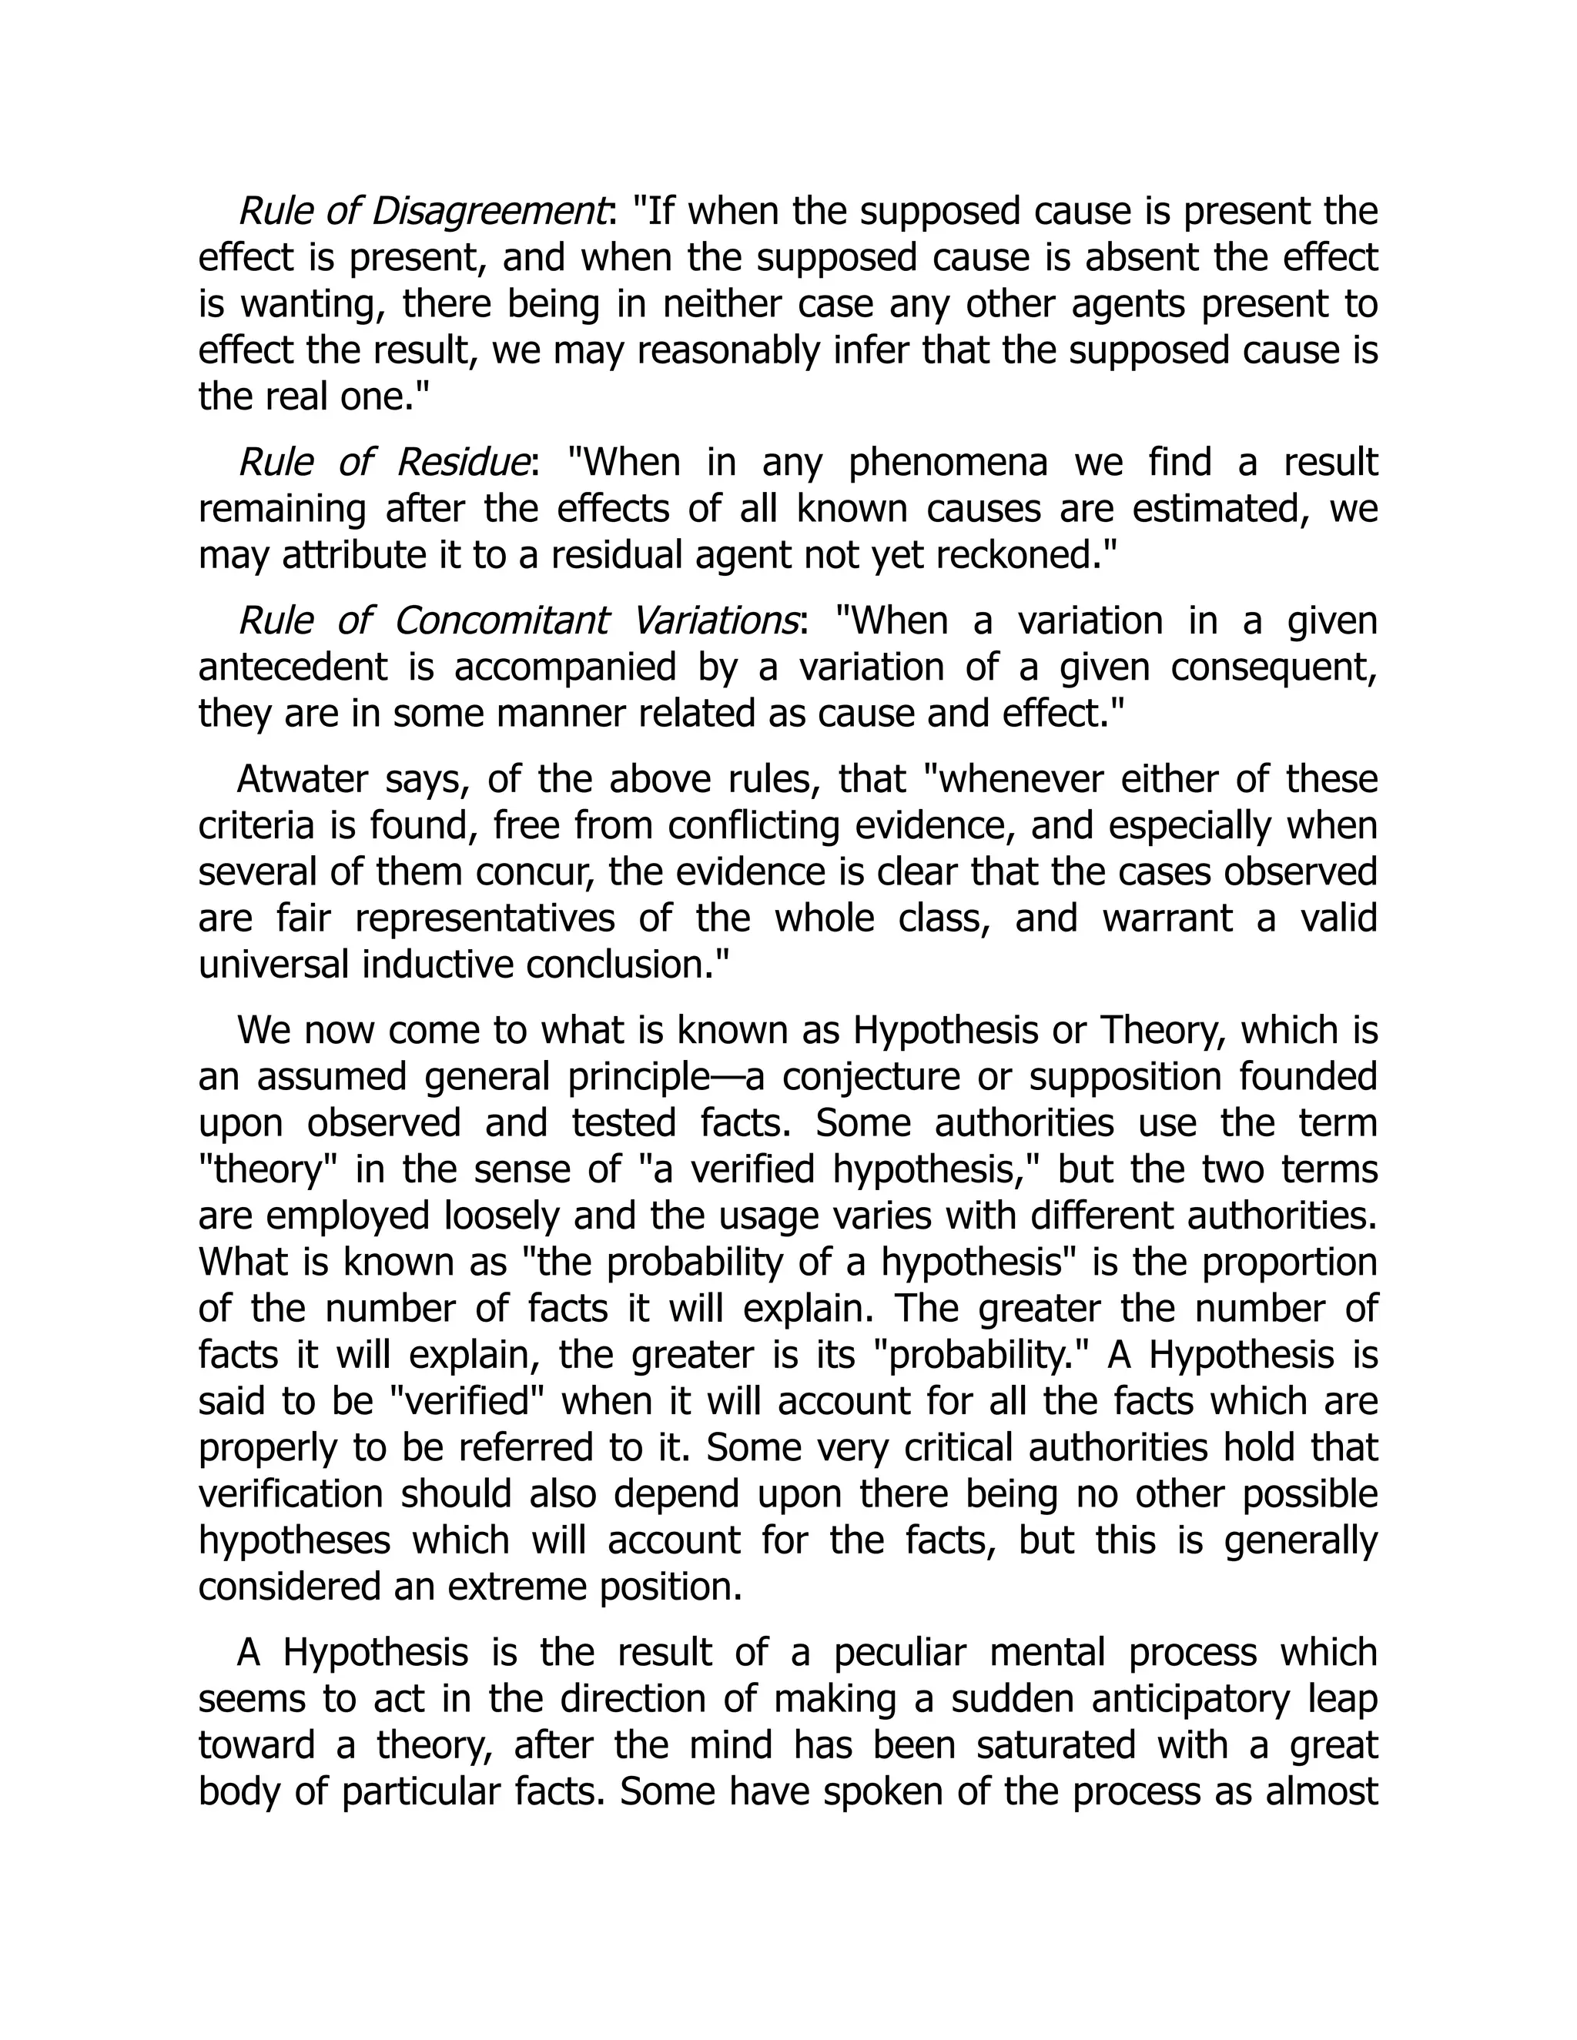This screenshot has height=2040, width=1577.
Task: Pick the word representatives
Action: click(485, 918)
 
